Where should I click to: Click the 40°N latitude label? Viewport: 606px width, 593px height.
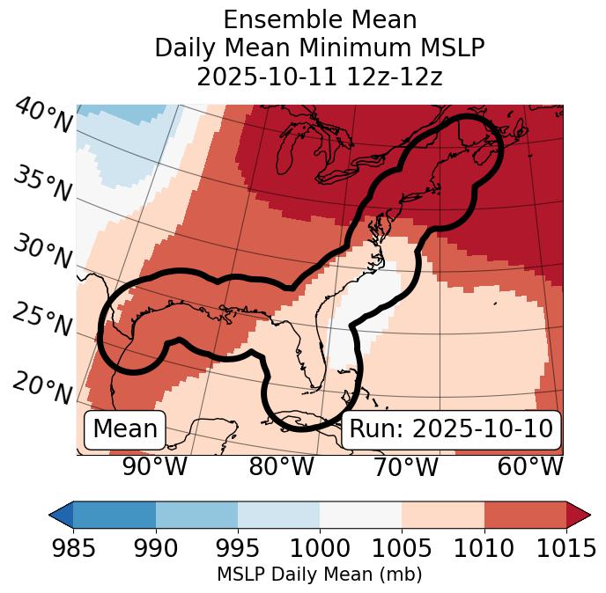[43, 116]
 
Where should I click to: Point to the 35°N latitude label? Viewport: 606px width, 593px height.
[42, 184]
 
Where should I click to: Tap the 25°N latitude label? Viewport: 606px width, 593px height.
[42, 319]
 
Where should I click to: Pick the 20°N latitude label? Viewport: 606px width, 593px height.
[42, 387]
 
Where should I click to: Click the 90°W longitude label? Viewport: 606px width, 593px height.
[154, 467]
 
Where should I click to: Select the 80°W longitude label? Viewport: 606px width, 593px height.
[281, 467]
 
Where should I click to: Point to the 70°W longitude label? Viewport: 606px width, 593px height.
[404, 467]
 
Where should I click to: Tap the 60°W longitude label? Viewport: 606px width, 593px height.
[530, 467]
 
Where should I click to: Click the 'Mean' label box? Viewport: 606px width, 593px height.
[125, 429]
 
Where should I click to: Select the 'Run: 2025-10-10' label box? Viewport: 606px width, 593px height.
[451, 429]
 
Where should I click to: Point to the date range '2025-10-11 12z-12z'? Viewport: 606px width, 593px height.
[320, 77]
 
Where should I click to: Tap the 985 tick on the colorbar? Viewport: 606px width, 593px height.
[73, 549]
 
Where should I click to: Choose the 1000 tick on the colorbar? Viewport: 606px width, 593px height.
[320, 549]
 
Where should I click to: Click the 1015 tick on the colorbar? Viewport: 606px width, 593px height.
[566, 549]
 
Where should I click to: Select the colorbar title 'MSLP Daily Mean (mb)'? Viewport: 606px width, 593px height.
[320, 575]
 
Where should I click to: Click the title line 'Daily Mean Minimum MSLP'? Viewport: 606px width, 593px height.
[320, 48]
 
